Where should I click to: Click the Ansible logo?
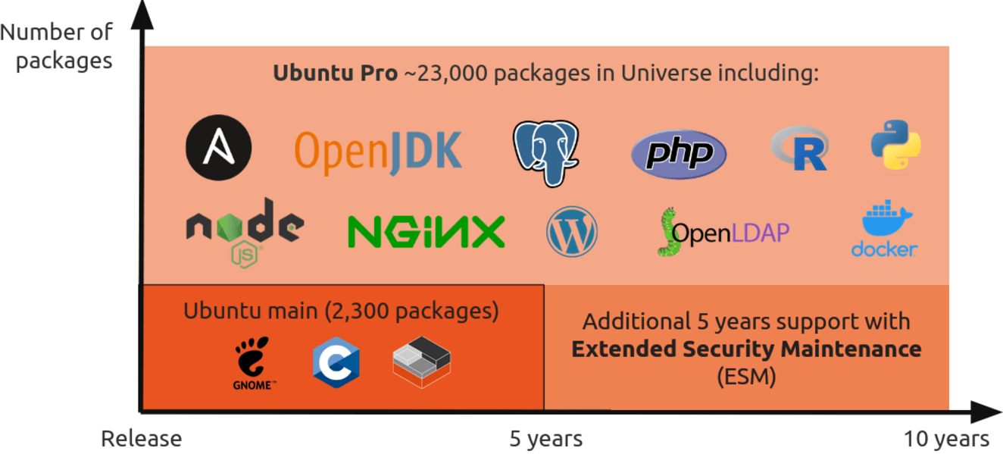[218, 148]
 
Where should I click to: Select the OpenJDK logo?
[378, 152]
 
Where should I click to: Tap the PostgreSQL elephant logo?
[546, 153]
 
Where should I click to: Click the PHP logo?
[679, 154]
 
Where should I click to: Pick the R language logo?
[800, 149]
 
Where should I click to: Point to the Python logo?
[896, 144]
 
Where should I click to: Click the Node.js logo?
[245, 233]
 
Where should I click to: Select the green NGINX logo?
[427, 231]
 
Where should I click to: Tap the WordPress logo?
[572, 232]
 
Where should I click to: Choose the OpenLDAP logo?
[723, 232]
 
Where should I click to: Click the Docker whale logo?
[884, 229]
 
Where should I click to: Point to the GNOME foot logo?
[254, 363]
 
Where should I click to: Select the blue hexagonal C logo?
[336, 362]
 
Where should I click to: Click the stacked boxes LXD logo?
[422, 362]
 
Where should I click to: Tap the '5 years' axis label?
[546, 439]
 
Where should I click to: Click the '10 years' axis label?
[946, 439]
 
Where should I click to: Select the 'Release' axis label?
[142, 439]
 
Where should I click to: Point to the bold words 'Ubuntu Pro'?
[336, 73]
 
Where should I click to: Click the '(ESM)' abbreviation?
[746, 376]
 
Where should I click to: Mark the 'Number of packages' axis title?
[56, 46]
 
